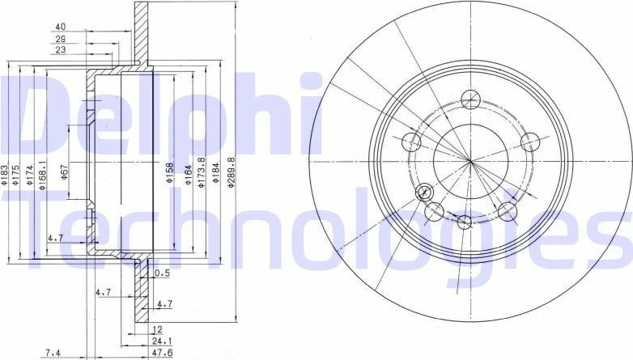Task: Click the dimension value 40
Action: tap(60, 26)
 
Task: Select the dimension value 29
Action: tap(60, 38)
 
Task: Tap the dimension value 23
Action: tap(60, 50)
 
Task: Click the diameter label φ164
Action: tap(188, 176)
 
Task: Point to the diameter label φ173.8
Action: tap(201, 172)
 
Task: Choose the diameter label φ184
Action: tap(215, 175)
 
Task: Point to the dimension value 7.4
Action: tap(53, 352)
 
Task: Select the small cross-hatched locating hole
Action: tap(423, 193)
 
